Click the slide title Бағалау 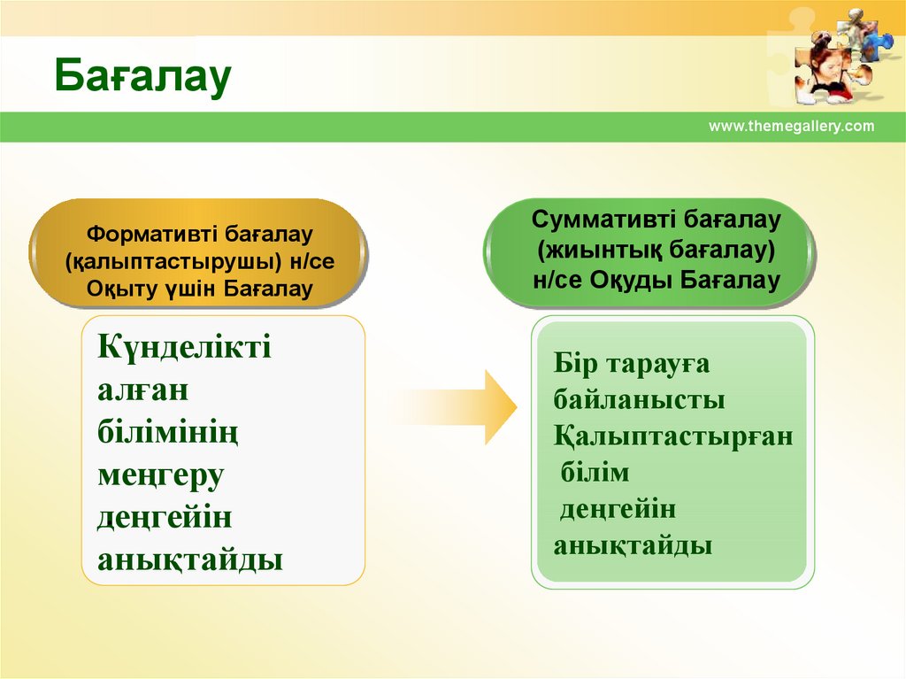pyautogui.click(x=142, y=76)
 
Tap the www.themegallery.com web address pyautogui.click(x=792, y=126)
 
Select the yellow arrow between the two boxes pyautogui.click(x=457, y=407)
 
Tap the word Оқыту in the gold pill pyautogui.click(x=116, y=289)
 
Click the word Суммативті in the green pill pyautogui.click(x=603, y=220)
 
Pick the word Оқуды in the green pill pyautogui.click(x=631, y=281)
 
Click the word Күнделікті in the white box pyautogui.click(x=184, y=347)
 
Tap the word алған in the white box pyautogui.click(x=142, y=391)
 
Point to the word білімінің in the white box pyautogui.click(x=167, y=433)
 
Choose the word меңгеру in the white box pyautogui.click(x=161, y=476)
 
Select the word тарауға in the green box pyautogui.click(x=657, y=366)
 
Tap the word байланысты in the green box pyautogui.click(x=639, y=400)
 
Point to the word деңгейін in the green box pyautogui.click(x=618, y=510)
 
